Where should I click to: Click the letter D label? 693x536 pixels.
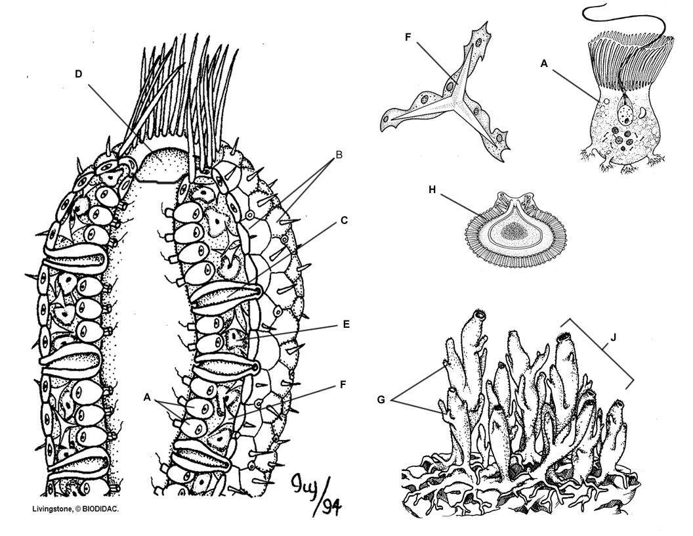[78, 74]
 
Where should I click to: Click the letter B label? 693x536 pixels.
[339, 155]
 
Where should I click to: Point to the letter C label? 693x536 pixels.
[345, 220]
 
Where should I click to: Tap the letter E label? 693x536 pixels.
[346, 324]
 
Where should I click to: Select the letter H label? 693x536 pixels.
[432, 190]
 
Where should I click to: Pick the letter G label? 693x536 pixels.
[381, 400]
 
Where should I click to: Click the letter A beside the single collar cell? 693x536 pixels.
[544, 64]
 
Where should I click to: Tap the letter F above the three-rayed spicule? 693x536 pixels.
[408, 37]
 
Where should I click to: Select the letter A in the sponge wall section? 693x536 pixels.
[147, 397]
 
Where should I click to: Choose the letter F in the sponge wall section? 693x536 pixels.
[343, 385]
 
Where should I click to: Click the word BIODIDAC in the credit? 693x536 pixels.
[101, 508]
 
